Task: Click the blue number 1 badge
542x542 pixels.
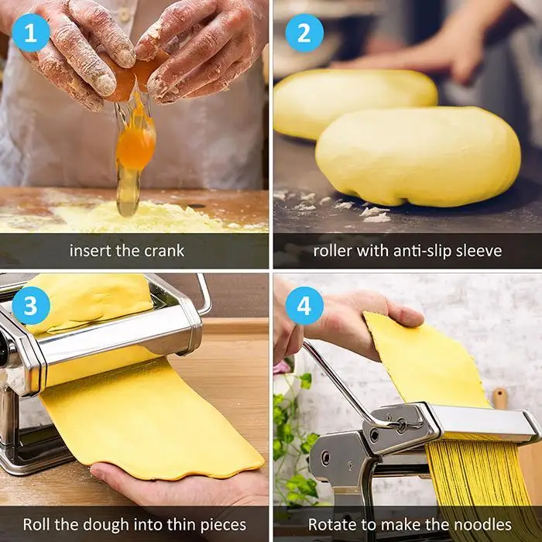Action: click(31, 33)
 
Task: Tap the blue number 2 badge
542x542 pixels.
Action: click(304, 33)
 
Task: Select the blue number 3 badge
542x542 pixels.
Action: click(31, 306)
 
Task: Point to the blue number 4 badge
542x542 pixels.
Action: click(304, 306)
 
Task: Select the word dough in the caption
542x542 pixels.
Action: click(106, 525)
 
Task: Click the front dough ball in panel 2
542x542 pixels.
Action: click(418, 157)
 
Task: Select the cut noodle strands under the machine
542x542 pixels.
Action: click(479, 484)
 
